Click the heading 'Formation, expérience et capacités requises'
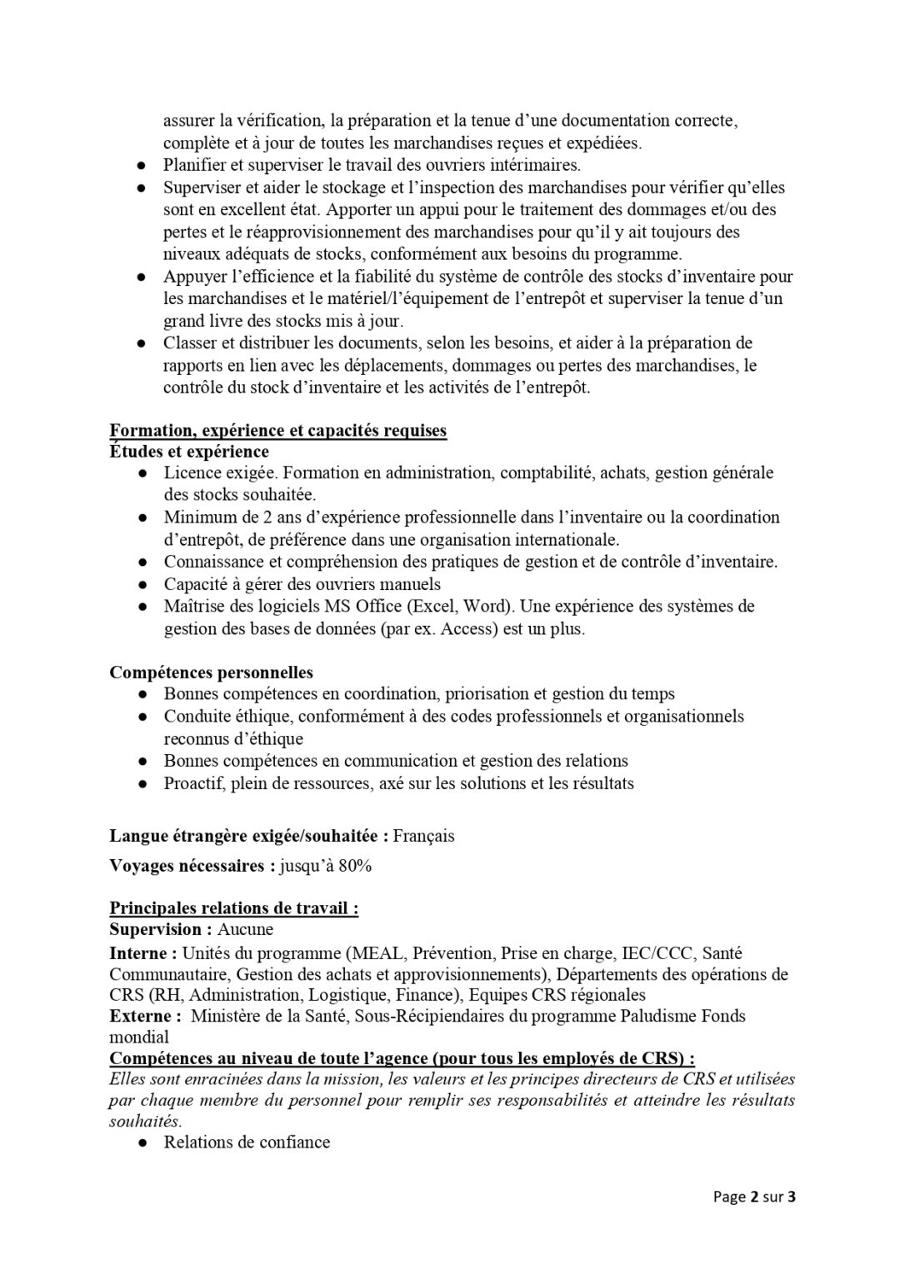278,431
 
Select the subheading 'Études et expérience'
189,452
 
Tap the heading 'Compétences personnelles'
212,672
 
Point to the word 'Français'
423,835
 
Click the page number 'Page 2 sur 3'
755,1197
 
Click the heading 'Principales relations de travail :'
234,908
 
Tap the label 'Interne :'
143,952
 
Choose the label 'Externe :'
146,1016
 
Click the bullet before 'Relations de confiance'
144,1142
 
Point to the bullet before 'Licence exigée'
144,473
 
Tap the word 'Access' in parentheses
468,628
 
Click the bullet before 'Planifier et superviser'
144,166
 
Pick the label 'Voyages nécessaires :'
192,866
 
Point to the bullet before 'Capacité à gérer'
144,584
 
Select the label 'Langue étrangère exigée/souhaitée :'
249,835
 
